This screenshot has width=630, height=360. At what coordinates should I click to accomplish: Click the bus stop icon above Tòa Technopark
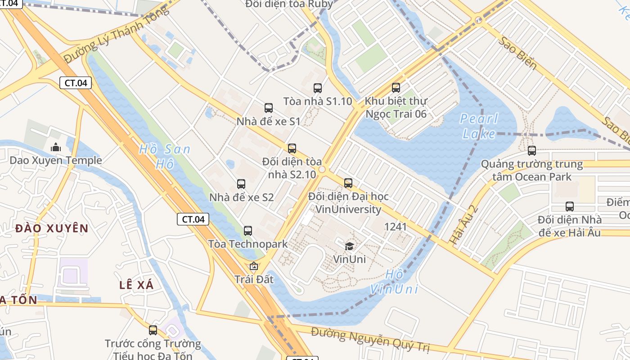247,231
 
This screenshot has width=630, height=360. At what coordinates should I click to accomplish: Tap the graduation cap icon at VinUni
349,246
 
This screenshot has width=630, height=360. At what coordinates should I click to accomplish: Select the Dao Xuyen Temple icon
56,147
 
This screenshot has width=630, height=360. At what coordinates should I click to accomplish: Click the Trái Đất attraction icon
254,266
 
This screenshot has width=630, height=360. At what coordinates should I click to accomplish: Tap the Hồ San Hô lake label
165,156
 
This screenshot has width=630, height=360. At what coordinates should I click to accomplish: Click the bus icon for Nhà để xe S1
269,108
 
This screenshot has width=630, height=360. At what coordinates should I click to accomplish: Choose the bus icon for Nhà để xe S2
241,184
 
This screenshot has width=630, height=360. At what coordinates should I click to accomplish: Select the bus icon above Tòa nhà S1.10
318,88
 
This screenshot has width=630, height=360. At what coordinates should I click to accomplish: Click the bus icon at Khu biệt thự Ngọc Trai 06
396,88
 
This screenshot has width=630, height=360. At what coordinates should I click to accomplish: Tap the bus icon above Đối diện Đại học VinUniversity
348,183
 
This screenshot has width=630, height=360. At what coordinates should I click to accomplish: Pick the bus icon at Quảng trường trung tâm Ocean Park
532,151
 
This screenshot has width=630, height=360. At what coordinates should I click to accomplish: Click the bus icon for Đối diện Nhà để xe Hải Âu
570,207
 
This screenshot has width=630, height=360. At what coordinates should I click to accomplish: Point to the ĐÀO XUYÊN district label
52,229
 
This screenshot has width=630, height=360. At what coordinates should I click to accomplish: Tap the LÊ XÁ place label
137,285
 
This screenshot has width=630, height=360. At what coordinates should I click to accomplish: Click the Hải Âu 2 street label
463,225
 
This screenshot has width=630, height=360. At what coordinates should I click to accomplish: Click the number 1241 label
396,226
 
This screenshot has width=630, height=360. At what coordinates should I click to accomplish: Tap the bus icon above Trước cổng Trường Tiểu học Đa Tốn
153,330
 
